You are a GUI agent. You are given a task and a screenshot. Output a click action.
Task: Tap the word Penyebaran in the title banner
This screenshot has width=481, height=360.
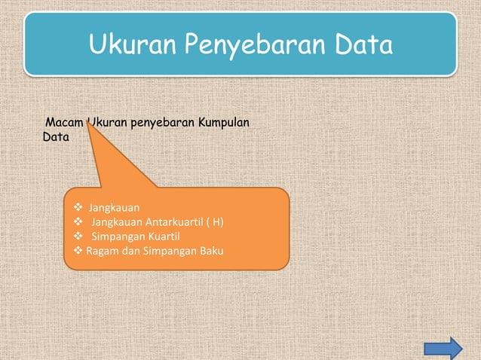tap(250, 47)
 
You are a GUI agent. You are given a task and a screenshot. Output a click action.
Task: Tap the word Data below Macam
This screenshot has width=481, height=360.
tap(56, 138)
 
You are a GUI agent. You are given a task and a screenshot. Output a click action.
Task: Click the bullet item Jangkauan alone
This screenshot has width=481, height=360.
tap(114, 206)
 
